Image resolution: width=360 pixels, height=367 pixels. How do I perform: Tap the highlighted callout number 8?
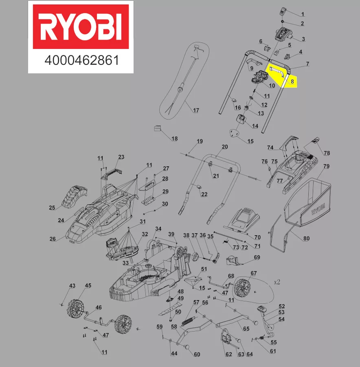292,81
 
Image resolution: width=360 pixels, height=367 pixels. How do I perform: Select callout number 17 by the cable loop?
196,111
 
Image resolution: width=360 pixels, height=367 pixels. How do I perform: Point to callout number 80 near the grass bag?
306,238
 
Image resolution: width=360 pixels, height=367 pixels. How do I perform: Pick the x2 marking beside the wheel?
277,282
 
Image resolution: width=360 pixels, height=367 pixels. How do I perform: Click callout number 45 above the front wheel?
88,286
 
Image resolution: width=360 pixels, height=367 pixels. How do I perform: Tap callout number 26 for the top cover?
53,239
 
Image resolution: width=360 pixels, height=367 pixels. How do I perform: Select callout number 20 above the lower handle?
225,147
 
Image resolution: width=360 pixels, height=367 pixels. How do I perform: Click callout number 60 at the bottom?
197,354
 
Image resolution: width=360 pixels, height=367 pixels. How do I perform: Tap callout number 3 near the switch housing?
303,39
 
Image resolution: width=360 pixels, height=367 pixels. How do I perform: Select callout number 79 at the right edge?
326,166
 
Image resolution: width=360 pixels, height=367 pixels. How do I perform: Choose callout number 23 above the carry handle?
121,157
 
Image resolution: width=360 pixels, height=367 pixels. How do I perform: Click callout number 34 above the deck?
158,228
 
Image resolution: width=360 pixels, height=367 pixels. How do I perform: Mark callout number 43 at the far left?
72,286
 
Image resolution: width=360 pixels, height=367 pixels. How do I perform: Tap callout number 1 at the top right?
303,14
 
